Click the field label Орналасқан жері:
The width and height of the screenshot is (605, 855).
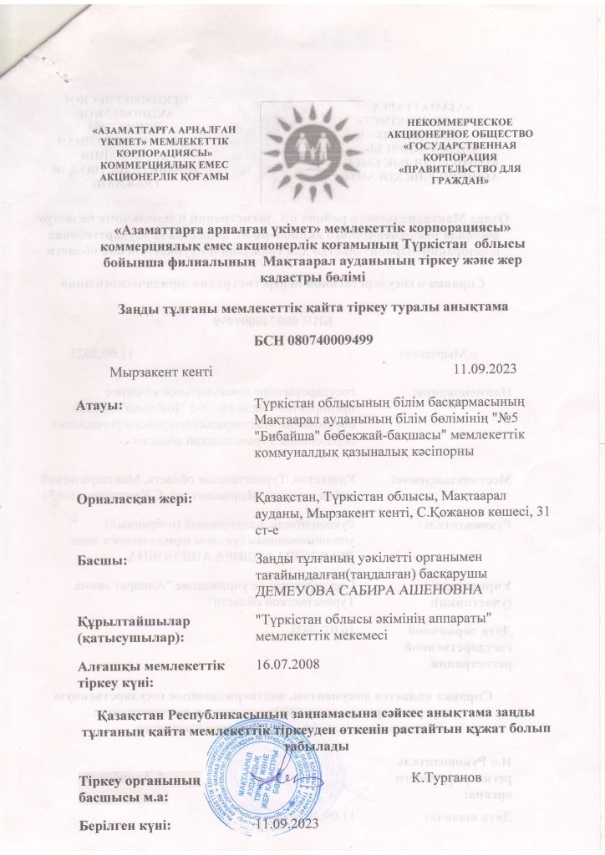(x=135, y=499)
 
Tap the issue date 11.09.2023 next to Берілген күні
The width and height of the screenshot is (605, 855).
(x=288, y=825)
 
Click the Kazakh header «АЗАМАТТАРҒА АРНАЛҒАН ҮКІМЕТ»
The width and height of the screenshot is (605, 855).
(x=164, y=137)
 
